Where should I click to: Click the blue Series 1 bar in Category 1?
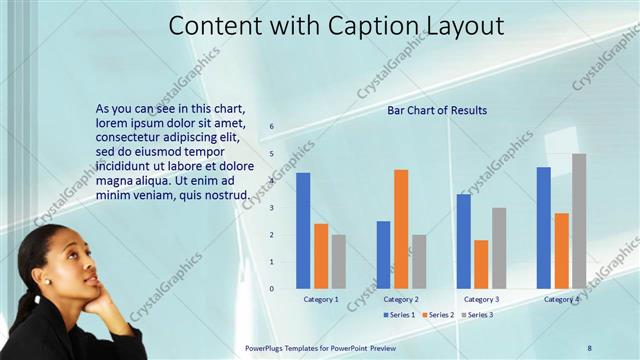303,231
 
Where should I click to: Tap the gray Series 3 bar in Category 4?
579,221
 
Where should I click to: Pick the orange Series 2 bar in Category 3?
481,264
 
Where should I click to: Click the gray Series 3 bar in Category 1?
338,262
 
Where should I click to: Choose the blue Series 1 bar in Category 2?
383,255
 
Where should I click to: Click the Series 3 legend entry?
477,315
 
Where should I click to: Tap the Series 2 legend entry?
438,315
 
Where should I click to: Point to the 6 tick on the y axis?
271,127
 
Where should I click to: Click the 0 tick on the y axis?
271,289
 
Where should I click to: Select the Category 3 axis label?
482,299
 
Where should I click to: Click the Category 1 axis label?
321,299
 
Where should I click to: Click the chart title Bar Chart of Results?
437,110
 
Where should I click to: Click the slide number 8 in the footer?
589,347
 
